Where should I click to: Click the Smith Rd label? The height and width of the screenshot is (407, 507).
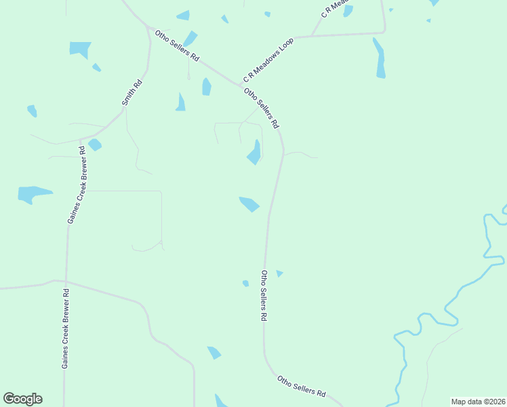pyautogui.click(x=131, y=94)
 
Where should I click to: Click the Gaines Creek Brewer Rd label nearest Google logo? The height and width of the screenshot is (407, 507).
pyautogui.click(x=66, y=329)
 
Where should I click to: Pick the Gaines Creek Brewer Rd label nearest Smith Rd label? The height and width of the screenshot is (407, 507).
pyautogui.click(x=76, y=184)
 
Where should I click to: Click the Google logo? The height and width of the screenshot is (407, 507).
pyautogui.click(x=22, y=399)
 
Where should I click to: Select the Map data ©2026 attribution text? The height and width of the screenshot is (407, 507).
pyautogui.click(x=478, y=402)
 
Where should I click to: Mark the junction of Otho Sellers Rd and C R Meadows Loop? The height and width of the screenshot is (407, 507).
pyautogui.click(x=240, y=84)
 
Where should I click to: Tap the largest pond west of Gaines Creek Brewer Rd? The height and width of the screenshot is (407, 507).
pyautogui.click(x=33, y=193)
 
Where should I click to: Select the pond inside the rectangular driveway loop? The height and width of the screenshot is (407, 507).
pyautogui.click(x=255, y=153)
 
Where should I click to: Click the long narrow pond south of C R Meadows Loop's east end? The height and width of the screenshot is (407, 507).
pyautogui.click(x=380, y=58)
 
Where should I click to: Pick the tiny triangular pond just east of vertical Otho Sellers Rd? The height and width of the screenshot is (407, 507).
pyautogui.click(x=279, y=273)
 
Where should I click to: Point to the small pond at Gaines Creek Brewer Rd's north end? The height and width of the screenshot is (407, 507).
pyautogui.click(x=94, y=144)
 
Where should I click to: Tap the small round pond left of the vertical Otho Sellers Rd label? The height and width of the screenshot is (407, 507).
pyautogui.click(x=245, y=283)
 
